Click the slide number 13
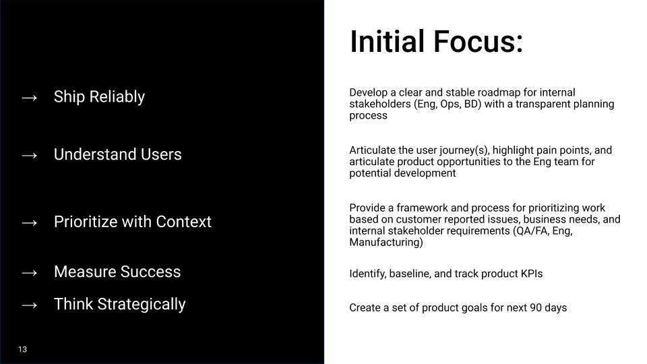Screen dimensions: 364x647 pyautogui.click(x=23, y=349)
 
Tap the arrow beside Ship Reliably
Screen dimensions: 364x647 pyautogui.click(x=29, y=97)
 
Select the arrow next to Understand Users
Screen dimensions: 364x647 pyautogui.click(x=29, y=155)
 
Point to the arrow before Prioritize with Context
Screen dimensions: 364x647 pyautogui.click(x=29, y=222)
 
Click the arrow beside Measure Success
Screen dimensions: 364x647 pyautogui.click(x=29, y=272)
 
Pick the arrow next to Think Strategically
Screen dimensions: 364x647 pyautogui.click(x=29, y=305)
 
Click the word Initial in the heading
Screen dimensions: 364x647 pyautogui.click(x=388, y=41)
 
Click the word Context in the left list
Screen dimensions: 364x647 pyautogui.click(x=183, y=222)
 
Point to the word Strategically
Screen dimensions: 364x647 pyautogui.click(x=141, y=304)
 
